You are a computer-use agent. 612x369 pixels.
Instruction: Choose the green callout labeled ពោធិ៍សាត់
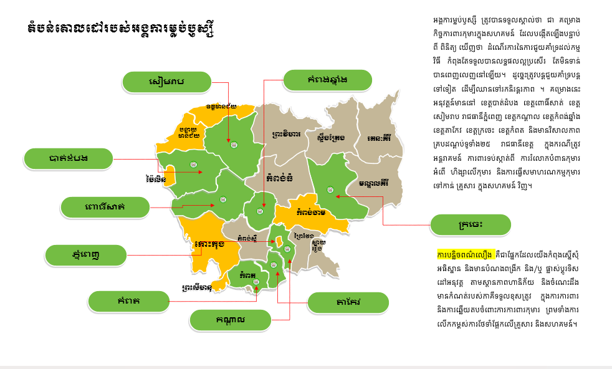(x=105, y=206)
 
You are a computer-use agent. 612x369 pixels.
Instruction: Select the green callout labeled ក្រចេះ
(x=471, y=224)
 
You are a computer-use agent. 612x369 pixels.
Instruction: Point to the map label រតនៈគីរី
(x=380, y=138)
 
